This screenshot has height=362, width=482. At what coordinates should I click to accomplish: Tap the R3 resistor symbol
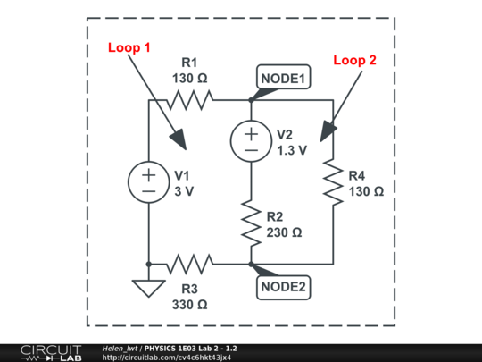pyautogui.click(x=189, y=265)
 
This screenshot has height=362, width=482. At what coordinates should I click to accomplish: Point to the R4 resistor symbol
pyautogui.click(x=332, y=183)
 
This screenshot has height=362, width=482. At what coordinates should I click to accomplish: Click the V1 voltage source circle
pyautogui.click(x=148, y=182)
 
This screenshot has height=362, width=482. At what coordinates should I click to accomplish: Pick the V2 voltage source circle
pyautogui.click(x=251, y=141)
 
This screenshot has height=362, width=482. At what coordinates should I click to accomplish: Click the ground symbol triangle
pyautogui.click(x=148, y=289)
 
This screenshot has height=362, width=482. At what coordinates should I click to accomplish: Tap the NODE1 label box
pyautogui.click(x=284, y=80)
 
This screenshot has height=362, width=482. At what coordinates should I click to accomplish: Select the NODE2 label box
pyautogui.click(x=284, y=287)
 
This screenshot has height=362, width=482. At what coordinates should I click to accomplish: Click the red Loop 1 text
pyautogui.click(x=129, y=47)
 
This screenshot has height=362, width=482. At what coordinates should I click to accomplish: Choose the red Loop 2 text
pyautogui.click(x=355, y=61)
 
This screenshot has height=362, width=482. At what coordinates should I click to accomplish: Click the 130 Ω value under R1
pyautogui.click(x=189, y=78)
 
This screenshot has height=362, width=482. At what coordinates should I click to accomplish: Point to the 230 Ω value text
pyautogui.click(x=284, y=232)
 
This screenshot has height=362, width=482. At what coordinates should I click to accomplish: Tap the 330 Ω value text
pyautogui.click(x=189, y=304)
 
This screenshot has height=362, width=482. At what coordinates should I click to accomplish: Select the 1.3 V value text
pyautogui.click(x=292, y=150)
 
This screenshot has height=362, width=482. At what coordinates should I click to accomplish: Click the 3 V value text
pyautogui.click(x=184, y=191)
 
